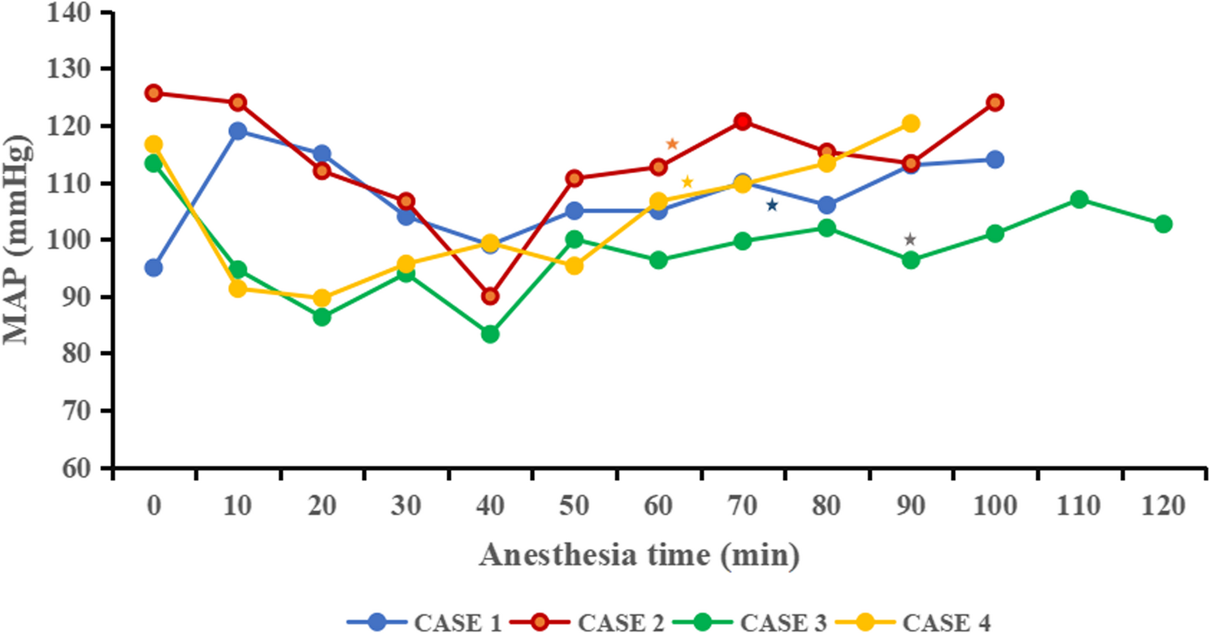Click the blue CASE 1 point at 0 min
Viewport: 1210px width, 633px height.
click(154, 268)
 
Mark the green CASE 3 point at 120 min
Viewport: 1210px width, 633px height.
click(1163, 224)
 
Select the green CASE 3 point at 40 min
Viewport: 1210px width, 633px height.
click(490, 334)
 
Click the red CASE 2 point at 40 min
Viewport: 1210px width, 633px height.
click(490, 297)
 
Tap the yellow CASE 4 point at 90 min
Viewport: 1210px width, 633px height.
click(911, 124)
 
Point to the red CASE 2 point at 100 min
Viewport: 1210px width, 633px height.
click(995, 102)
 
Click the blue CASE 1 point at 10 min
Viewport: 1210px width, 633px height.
click(237, 131)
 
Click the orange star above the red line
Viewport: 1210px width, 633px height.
click(672, 144)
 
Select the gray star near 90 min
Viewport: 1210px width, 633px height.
click(910, 240)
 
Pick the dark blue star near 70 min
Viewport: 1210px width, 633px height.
click(772, 206)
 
